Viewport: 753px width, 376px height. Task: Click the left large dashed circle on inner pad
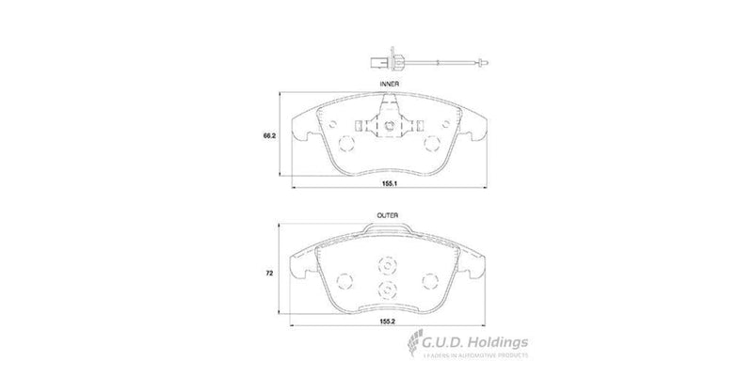click(x=344, y=144)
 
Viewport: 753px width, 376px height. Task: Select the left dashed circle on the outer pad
click(x=344, y=280)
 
